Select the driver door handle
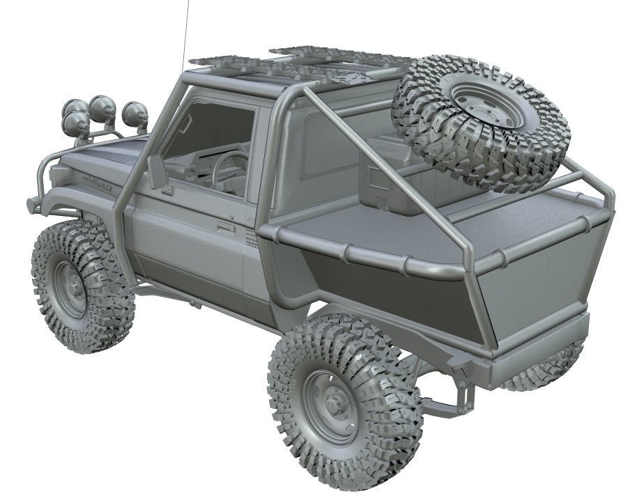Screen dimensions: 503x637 (x=225, y=226)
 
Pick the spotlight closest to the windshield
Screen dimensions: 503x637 (x=135, y=113)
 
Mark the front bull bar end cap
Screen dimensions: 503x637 (x=31, y=206)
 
